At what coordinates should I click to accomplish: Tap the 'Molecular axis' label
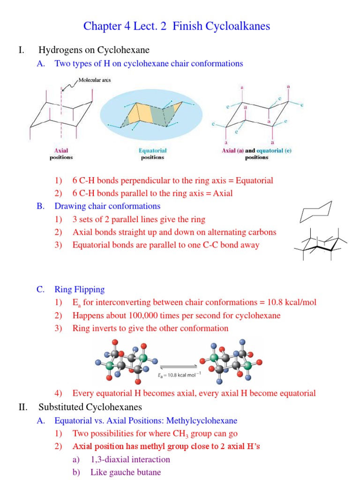click(x=94, y=81)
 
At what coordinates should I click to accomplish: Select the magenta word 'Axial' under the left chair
click(x=61, y=151)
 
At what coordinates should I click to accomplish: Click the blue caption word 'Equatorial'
click(x=152, y=151)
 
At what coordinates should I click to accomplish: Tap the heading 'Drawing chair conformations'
click(x=107, y=206)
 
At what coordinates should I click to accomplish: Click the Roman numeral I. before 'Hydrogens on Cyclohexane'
click(x=22, y=50)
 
